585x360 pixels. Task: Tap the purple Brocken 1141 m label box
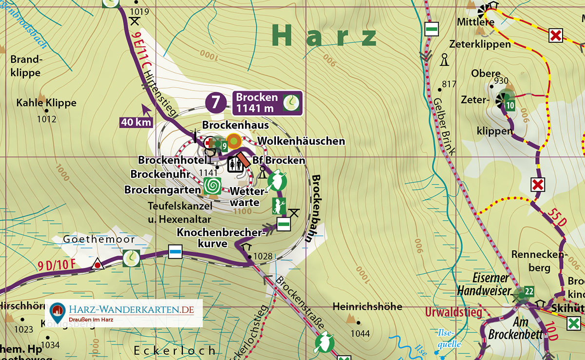point(267,103)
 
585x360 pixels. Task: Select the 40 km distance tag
point(136,122)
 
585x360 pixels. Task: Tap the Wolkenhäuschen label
point(301,141)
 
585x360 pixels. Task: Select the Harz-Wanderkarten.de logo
point(124,313)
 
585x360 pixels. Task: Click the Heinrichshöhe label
point(368,306)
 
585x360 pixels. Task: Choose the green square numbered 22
point(529,292)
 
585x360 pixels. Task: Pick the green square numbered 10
point(510,105)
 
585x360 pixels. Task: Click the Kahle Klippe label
point(46,103)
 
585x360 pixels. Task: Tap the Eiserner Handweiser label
point(483,284)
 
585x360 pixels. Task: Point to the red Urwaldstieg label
point(453,312)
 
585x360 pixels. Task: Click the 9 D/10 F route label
point(57,266)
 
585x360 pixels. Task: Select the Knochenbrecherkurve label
point(219,238)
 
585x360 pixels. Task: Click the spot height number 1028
point(263,256)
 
